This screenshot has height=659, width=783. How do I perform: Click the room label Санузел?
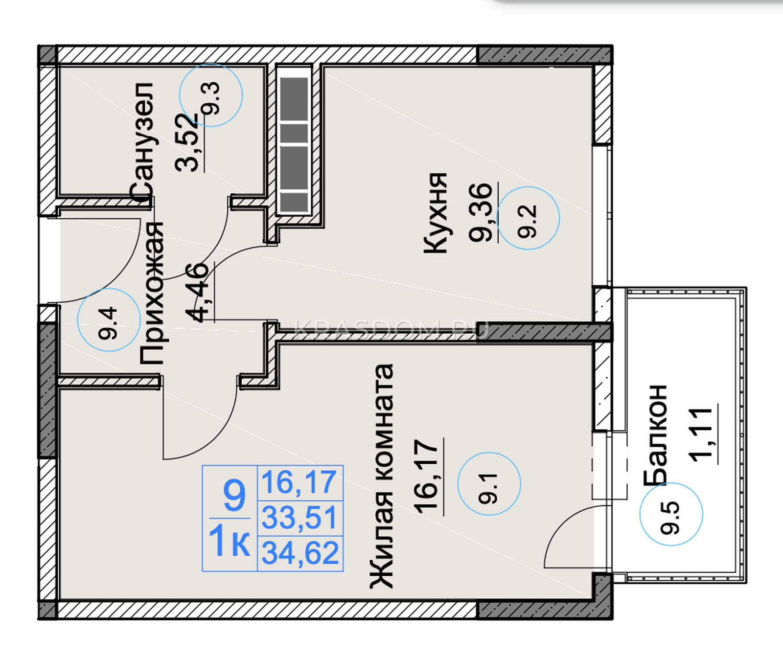pyautogui.click(x=141, y=143)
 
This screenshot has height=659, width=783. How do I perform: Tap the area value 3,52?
pyautogui.click(x=187, y=142)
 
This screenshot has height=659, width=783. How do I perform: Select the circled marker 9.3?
pyautogui.click(x=211, y=95)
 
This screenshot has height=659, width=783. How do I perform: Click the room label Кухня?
pyautogui.click(x=435, y=213)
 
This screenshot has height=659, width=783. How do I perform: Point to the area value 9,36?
pyautogui.click(x=481, y=212)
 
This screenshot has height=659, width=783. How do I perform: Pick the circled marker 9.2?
pyautogui.click(x=528, y=218)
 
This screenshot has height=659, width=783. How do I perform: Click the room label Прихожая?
pyautogui.click(x=151, y=293)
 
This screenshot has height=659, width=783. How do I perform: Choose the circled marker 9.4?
pyautogui.click(x=109, y=319)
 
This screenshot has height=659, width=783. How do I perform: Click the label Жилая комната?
pyautogui.click(x=381, y=476)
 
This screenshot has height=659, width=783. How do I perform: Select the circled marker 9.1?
pyautogui.click(x=489, y=483)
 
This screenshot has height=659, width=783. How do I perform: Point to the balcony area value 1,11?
pyautogui.click(x=701, y=433)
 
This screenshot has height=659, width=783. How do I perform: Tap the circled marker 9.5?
pyautogui.click(x=671, y=514)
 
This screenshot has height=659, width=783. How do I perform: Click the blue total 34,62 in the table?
pyautogui.click(x=300, y=553)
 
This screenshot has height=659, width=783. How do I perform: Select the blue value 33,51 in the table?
pyautogui.click(x=300, y=518)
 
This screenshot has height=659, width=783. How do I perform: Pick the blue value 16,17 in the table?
pyautogui.click(x=299, y=482)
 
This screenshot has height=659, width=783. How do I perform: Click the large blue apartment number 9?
pyautogui.click(x=234, y=495)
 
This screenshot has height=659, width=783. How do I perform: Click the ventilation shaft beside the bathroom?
pyautogui.click(x=294, y=140)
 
